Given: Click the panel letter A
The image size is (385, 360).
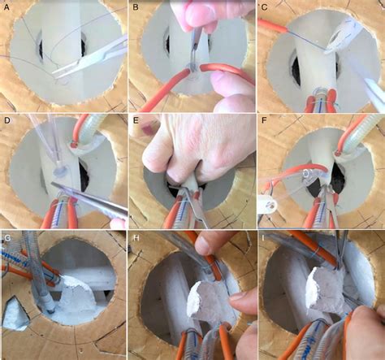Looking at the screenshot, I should [6, 7].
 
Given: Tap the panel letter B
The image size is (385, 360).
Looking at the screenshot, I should [135, 7].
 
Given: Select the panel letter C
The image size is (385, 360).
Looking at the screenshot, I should [263, 7].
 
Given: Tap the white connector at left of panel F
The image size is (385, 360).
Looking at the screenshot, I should [266, 197].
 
